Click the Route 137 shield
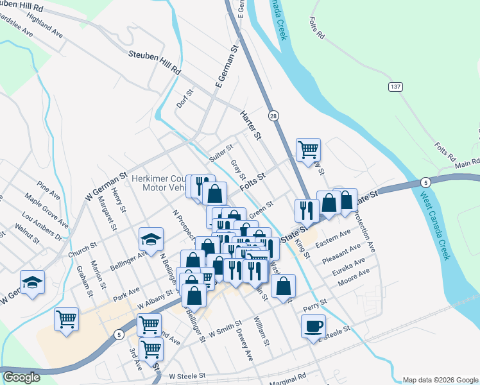tap(395, 86)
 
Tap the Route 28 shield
tap(274, 116)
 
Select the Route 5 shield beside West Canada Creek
tap(427, 182)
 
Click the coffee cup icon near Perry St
tap(313, 325)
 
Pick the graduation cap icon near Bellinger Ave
tap(151, 239)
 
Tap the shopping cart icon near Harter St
tap(308, 150)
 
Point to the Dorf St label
tap(185, 98)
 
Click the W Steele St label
tap(186, 375)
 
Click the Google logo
tap(21, 377)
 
